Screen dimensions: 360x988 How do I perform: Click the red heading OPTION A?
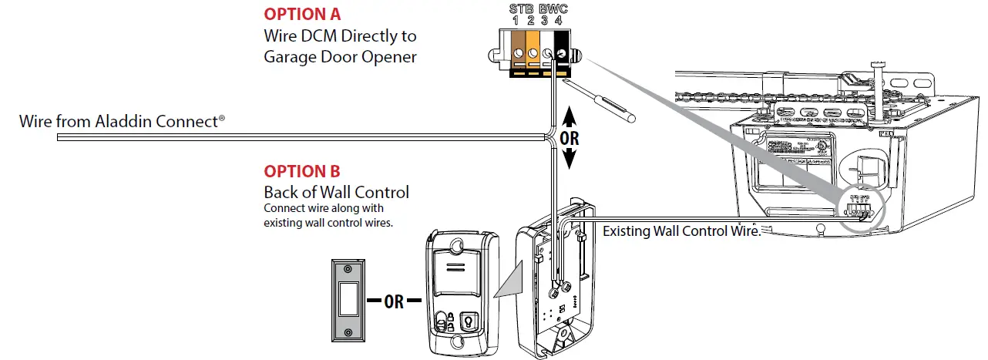pos(302,14)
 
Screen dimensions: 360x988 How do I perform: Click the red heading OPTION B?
pos(302,171)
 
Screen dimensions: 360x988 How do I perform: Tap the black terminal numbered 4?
pos(563,53)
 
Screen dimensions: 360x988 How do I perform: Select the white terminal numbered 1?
pos(512,53)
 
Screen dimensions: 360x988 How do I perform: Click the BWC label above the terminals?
pos(554,8)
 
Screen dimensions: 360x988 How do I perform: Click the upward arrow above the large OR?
pos(569,116)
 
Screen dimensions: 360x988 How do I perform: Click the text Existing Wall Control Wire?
pos(681,230)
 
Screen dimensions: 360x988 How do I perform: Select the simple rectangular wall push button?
pos(348,300)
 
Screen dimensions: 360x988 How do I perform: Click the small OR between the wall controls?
pos(395,301)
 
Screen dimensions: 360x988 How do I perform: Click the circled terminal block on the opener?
pos(861,207)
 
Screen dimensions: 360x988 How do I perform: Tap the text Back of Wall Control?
pos(337,192)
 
